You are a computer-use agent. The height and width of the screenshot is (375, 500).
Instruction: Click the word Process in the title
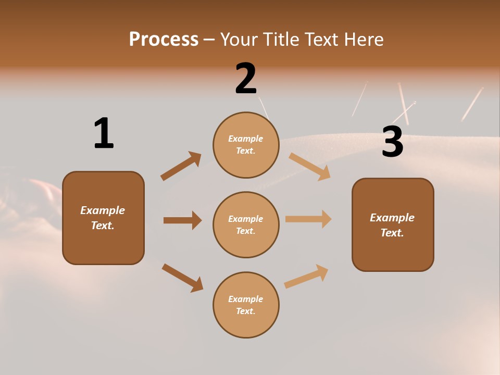point(164,40)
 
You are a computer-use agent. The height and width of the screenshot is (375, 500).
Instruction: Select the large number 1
point(104,133)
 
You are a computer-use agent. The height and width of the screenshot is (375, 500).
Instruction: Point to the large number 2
point(246,79)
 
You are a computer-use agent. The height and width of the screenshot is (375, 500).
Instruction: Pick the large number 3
point(392,142)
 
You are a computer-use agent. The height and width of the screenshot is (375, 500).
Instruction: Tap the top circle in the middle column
point(246,145)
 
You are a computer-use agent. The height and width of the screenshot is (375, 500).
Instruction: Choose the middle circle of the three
point(246,224)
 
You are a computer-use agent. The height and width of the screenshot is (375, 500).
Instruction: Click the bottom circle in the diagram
point(246,305)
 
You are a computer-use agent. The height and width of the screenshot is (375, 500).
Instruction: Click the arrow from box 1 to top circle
point(181,166)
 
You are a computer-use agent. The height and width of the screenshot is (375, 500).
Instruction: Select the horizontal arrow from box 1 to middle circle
point(182,220)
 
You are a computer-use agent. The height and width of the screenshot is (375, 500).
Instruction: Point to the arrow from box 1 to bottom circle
point(182,278)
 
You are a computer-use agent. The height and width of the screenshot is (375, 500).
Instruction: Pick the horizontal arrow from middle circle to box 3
point(308,219)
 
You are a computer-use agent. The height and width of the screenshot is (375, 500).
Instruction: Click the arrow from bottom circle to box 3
point(306,276)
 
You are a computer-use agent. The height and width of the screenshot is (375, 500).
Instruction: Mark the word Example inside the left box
point(103,210)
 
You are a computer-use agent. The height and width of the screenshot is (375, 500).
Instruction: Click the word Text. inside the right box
point(392,233)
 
